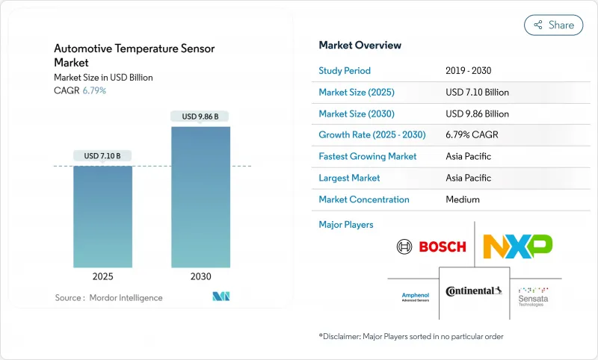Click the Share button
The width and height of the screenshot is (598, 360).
553,25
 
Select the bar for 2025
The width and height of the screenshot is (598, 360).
102,217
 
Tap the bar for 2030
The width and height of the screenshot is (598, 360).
200,197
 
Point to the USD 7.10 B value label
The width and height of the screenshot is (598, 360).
102,156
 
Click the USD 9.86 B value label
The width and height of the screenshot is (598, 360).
200,117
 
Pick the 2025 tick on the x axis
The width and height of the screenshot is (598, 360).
102,276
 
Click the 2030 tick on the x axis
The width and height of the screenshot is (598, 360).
200,276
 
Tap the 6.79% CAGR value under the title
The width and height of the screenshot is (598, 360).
93,90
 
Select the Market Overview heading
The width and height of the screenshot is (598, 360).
360,45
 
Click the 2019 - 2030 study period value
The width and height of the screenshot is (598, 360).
468,71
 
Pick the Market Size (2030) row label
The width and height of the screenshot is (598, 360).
357,114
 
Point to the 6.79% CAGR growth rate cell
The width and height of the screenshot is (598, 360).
472,135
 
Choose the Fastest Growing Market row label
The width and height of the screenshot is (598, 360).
368,157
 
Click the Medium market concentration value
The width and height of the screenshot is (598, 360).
462,199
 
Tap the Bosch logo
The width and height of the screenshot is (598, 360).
431,246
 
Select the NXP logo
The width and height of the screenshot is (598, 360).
517,246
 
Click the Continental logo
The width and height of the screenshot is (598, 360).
474,291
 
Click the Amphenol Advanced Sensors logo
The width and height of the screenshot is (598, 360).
415,297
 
